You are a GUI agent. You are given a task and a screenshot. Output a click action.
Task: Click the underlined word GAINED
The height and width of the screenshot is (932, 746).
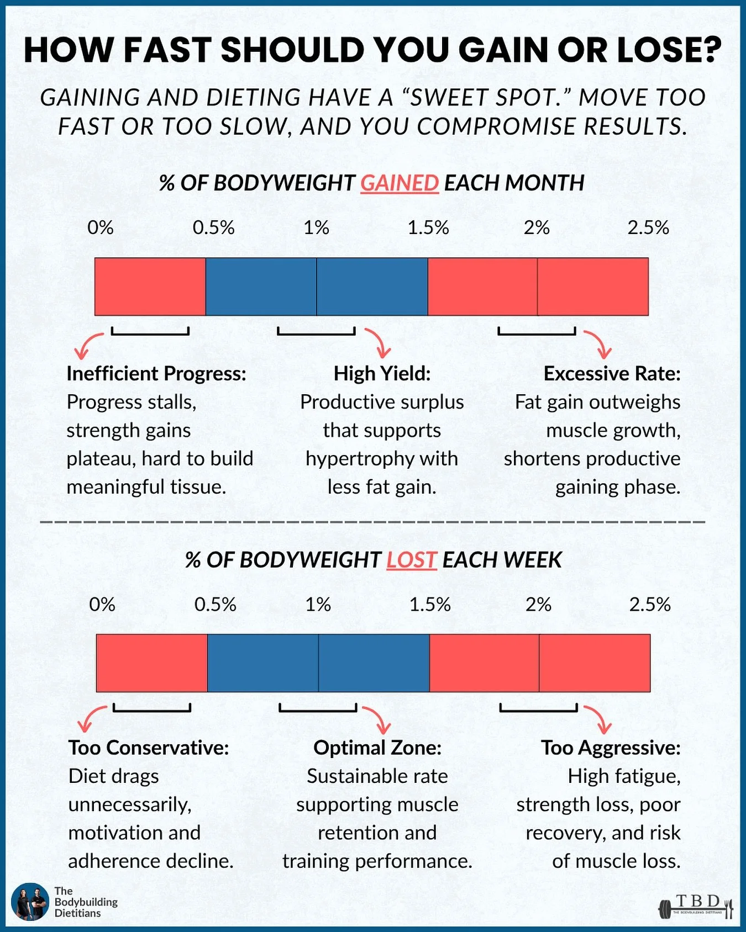tap(400, 183)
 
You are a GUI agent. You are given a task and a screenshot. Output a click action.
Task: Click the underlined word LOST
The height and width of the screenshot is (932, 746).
tap(412, 560)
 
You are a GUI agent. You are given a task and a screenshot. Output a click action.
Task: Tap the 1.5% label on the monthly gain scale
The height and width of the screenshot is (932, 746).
tap(428, 227)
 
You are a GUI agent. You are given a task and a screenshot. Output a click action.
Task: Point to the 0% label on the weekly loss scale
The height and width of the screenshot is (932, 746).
tap(102, 605)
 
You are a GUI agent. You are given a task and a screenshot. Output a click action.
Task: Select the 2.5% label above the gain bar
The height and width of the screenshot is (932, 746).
tap(648, 227)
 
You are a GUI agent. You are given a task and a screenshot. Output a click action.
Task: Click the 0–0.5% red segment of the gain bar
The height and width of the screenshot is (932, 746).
tap(150, 287)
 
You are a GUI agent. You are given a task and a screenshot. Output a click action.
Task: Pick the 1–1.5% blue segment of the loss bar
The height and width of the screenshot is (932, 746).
tap(374, 663)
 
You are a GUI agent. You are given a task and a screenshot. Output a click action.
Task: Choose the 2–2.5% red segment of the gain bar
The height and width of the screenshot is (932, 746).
tap(592, 287)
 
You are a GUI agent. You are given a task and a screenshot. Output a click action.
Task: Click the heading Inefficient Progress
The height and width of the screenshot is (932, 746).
tap(156, 374)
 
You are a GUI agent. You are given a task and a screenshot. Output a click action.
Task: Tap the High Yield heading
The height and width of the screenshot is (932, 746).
tap(382, 374)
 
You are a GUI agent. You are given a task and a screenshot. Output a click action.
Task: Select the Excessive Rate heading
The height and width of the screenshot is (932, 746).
tap(612, 374)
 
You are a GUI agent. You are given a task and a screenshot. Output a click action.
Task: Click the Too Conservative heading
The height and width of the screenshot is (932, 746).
tap(149, 748)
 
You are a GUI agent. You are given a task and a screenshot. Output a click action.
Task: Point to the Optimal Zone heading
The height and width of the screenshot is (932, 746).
tap(377, 748)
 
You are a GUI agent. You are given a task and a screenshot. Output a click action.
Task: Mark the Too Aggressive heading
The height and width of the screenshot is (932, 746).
tap(611, 748)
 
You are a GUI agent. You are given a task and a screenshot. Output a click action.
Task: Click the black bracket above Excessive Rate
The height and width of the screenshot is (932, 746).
tap(537, 332)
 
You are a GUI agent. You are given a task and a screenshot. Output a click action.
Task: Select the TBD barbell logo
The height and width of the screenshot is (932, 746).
tap(696, 906)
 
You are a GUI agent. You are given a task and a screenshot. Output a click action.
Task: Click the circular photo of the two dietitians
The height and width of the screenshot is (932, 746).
tap(30, 902)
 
